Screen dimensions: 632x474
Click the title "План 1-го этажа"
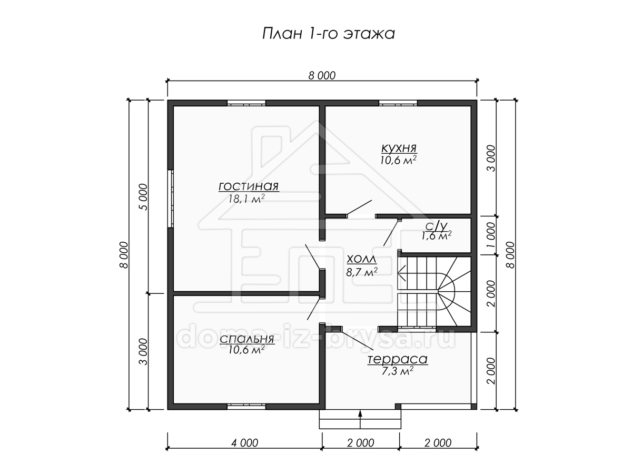328,34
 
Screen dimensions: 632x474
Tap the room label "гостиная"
249,186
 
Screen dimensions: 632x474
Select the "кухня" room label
399,148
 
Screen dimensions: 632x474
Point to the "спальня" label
247,339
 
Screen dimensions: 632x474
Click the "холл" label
362,259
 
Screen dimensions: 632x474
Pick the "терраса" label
398,359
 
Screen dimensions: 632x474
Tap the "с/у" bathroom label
437,227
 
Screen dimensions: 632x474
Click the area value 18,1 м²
246,199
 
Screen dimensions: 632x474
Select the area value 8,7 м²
362,272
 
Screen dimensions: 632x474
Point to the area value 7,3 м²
398,371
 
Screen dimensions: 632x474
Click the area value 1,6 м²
437,236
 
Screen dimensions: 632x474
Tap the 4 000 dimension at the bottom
245,443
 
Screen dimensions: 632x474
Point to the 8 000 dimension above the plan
322,76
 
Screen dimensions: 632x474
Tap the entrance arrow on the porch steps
360,420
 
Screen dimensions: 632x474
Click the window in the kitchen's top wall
398,103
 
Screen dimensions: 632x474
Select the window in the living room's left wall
171,199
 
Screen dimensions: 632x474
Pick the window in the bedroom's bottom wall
246,407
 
